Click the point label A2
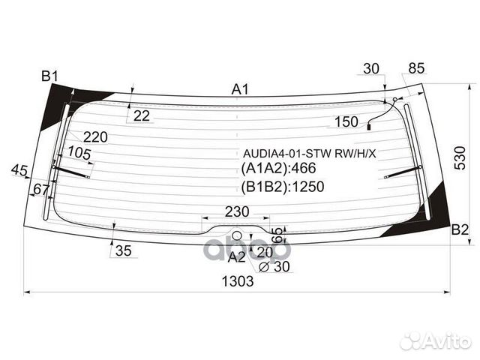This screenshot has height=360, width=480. [236, 256]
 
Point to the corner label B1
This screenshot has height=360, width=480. [50, 76]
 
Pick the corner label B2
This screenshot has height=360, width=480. [459, 231]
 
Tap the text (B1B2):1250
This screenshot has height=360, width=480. [283, 187]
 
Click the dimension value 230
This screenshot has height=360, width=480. [237, 212]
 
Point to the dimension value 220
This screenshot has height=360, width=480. [95, 136]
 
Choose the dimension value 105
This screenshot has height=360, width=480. [79, 153]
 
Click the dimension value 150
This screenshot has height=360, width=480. [346, 121]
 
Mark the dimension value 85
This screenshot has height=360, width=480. [416, 68]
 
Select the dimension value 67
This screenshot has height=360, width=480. [40, 190]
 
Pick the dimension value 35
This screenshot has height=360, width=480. [123, 251]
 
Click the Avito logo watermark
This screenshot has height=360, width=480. [434, 341]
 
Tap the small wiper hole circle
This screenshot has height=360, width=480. [237, 235]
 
